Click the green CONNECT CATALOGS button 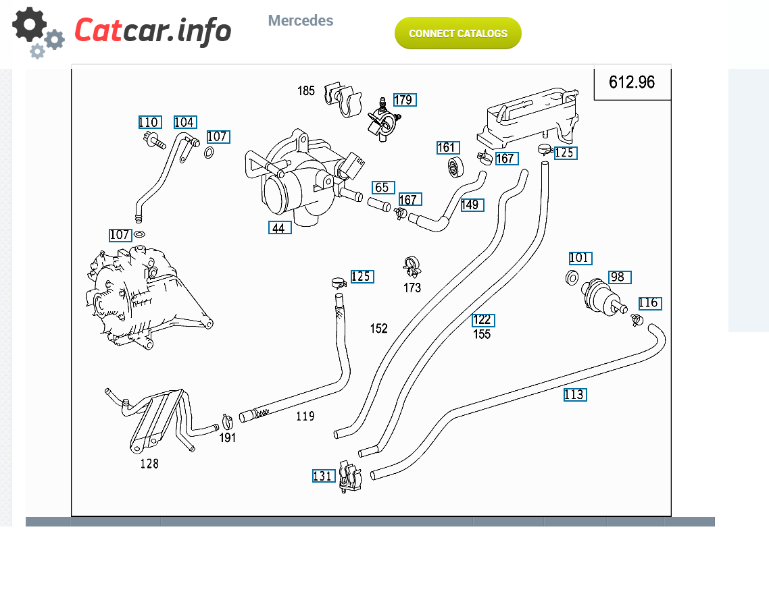(457, 33)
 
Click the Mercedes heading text (300, 20)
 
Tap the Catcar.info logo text (153, 30)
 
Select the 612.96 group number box (632, 82)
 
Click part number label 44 (280, 227)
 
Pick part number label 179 (405, 100)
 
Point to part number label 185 (306, 90)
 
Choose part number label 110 (149, 122)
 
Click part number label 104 (185, 122)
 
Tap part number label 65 (383, 188)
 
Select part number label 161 (448, 147)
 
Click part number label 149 (472, 205)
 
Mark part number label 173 (412, 288)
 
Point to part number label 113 (575, 395)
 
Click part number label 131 (324, 475)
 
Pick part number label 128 (149, 463)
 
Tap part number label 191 (228, 437)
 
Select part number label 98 (620, 277)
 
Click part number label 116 (650, 303)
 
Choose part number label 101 (580, 258)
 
